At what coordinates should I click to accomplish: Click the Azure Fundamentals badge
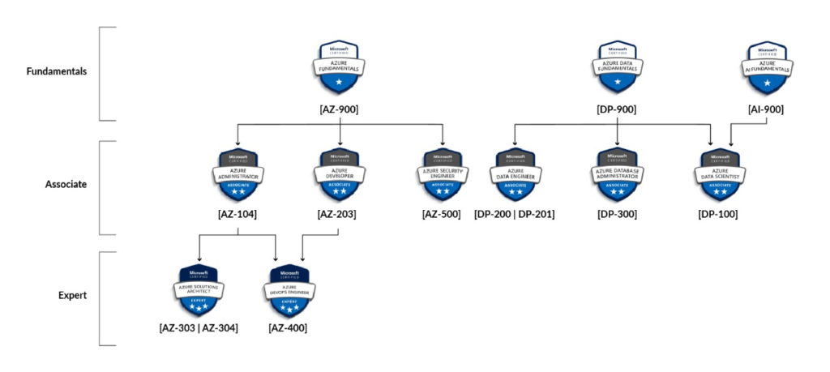tap(339, 68)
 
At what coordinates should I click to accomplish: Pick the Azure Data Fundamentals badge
tap(618, 68)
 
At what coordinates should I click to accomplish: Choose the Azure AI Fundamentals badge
tap(766, 68)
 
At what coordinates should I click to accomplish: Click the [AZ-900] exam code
tap(339, 109)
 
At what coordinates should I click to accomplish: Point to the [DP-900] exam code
tap(618, 109)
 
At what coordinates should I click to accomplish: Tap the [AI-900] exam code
tap(766, 109)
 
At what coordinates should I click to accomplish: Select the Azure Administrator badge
tap(237, 173)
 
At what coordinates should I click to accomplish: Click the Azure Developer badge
tap(339, 173)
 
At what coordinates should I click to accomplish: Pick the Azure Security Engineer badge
tap(442, 173)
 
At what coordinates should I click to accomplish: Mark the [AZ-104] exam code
tap(237, 215)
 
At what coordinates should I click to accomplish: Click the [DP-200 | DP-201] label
tap(515, 215)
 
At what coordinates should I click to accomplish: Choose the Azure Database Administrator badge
tap(618, 173)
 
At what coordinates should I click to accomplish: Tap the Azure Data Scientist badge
tap(718, 173)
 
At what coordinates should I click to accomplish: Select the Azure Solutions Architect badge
tap(199, 290)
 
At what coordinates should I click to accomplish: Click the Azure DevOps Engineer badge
tap(289, 290)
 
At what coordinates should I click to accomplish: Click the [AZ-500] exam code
tap(442, 215)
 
